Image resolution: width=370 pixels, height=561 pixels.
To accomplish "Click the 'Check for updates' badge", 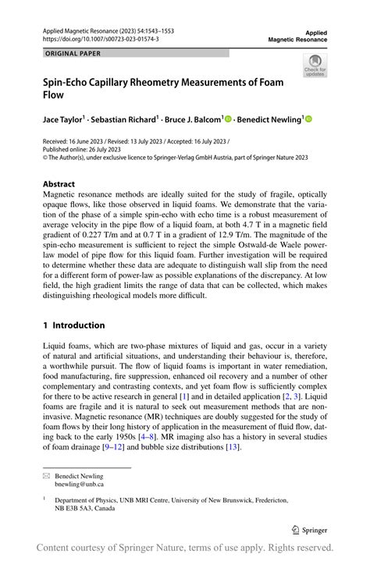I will click(x=315, y=66).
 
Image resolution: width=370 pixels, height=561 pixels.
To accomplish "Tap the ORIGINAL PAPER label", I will click(x=73, y=54).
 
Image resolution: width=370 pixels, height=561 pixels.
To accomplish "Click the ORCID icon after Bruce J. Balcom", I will click(x=228, y=119).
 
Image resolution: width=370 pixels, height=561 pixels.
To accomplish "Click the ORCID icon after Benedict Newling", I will click(x=308, y=119).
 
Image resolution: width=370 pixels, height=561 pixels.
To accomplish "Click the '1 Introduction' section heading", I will click(x=73, y=325).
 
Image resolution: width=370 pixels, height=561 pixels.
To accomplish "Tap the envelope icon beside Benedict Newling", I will click(x=47, y=476).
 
